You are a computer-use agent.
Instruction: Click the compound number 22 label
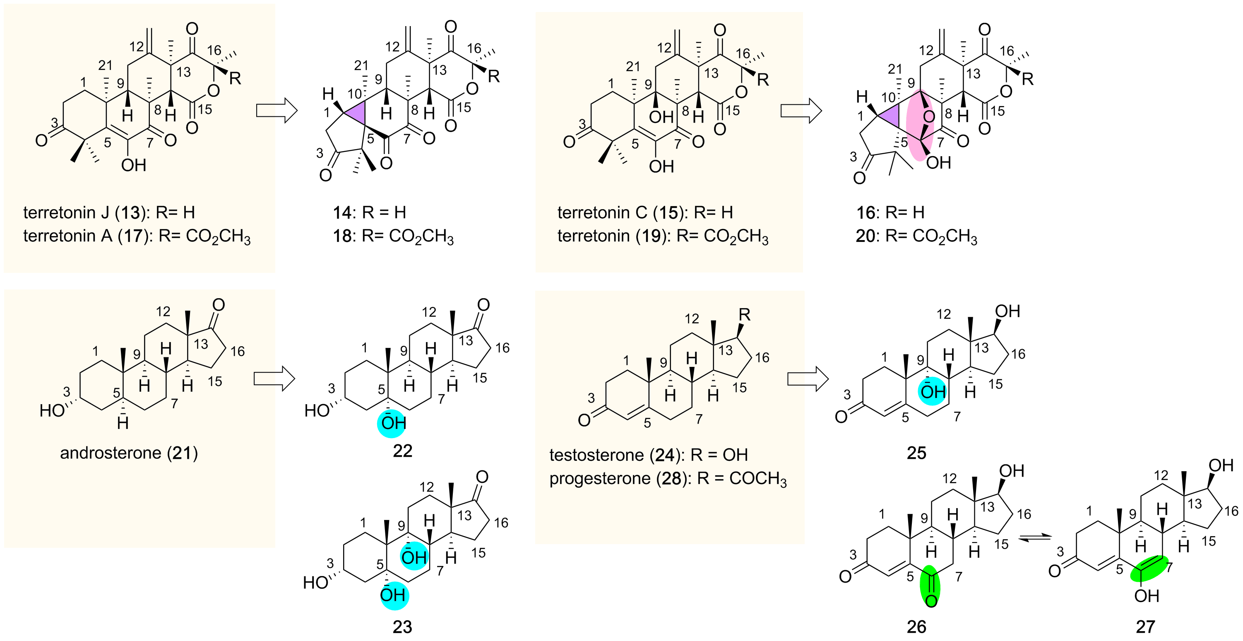click(x=402, y=451)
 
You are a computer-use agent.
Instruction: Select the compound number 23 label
click(x=402, y=627)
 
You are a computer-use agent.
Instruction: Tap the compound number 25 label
click(x=916, y=453)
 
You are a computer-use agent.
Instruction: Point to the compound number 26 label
click(x=916, y=627)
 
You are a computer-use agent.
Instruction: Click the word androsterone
click(x=111, y=453)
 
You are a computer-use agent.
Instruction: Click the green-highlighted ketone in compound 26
click(x=931, y=586)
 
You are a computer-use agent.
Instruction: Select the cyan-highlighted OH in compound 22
click(x=393, y=423)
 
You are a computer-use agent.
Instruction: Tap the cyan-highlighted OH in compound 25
click(x=932, y=391)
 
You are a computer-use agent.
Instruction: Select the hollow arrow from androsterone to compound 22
click(x=274, y=378)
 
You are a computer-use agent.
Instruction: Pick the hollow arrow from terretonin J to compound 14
click(x=276, y=111)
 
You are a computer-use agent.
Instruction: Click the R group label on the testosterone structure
click(x=745, y=315)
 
